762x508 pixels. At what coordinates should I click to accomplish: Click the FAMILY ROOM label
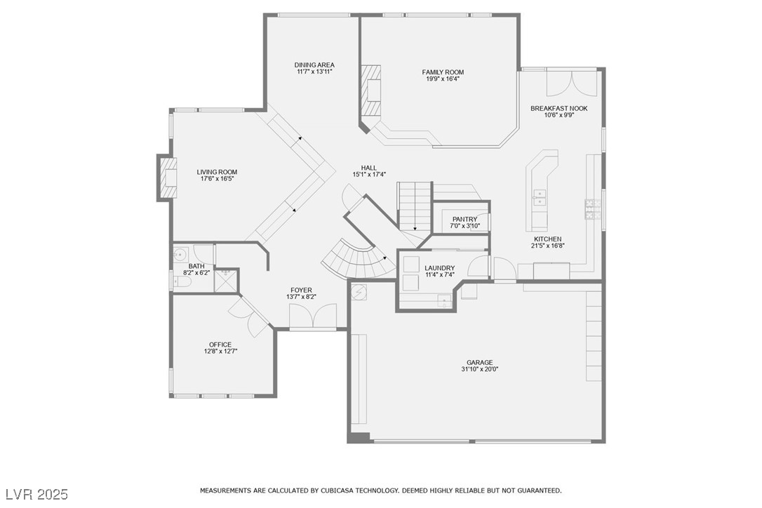443,72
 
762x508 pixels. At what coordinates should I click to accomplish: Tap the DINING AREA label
314,65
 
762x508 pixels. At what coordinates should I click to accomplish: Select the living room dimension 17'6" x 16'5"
218,179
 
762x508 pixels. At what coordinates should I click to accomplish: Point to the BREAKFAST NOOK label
559,108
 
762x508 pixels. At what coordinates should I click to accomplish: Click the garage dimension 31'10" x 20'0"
480,369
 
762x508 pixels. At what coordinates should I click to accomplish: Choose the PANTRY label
465,219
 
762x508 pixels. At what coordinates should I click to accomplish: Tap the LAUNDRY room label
440,268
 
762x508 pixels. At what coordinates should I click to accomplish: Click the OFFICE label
220,345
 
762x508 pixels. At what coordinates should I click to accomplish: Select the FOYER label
301,290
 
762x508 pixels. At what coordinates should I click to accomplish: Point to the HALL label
369,168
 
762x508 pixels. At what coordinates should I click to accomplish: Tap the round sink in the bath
180,253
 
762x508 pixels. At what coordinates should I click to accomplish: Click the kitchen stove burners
593,210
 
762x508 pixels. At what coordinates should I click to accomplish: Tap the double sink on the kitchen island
540,197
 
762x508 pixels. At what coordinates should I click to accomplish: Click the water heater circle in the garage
360,292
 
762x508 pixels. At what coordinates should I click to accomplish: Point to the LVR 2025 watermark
37,495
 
